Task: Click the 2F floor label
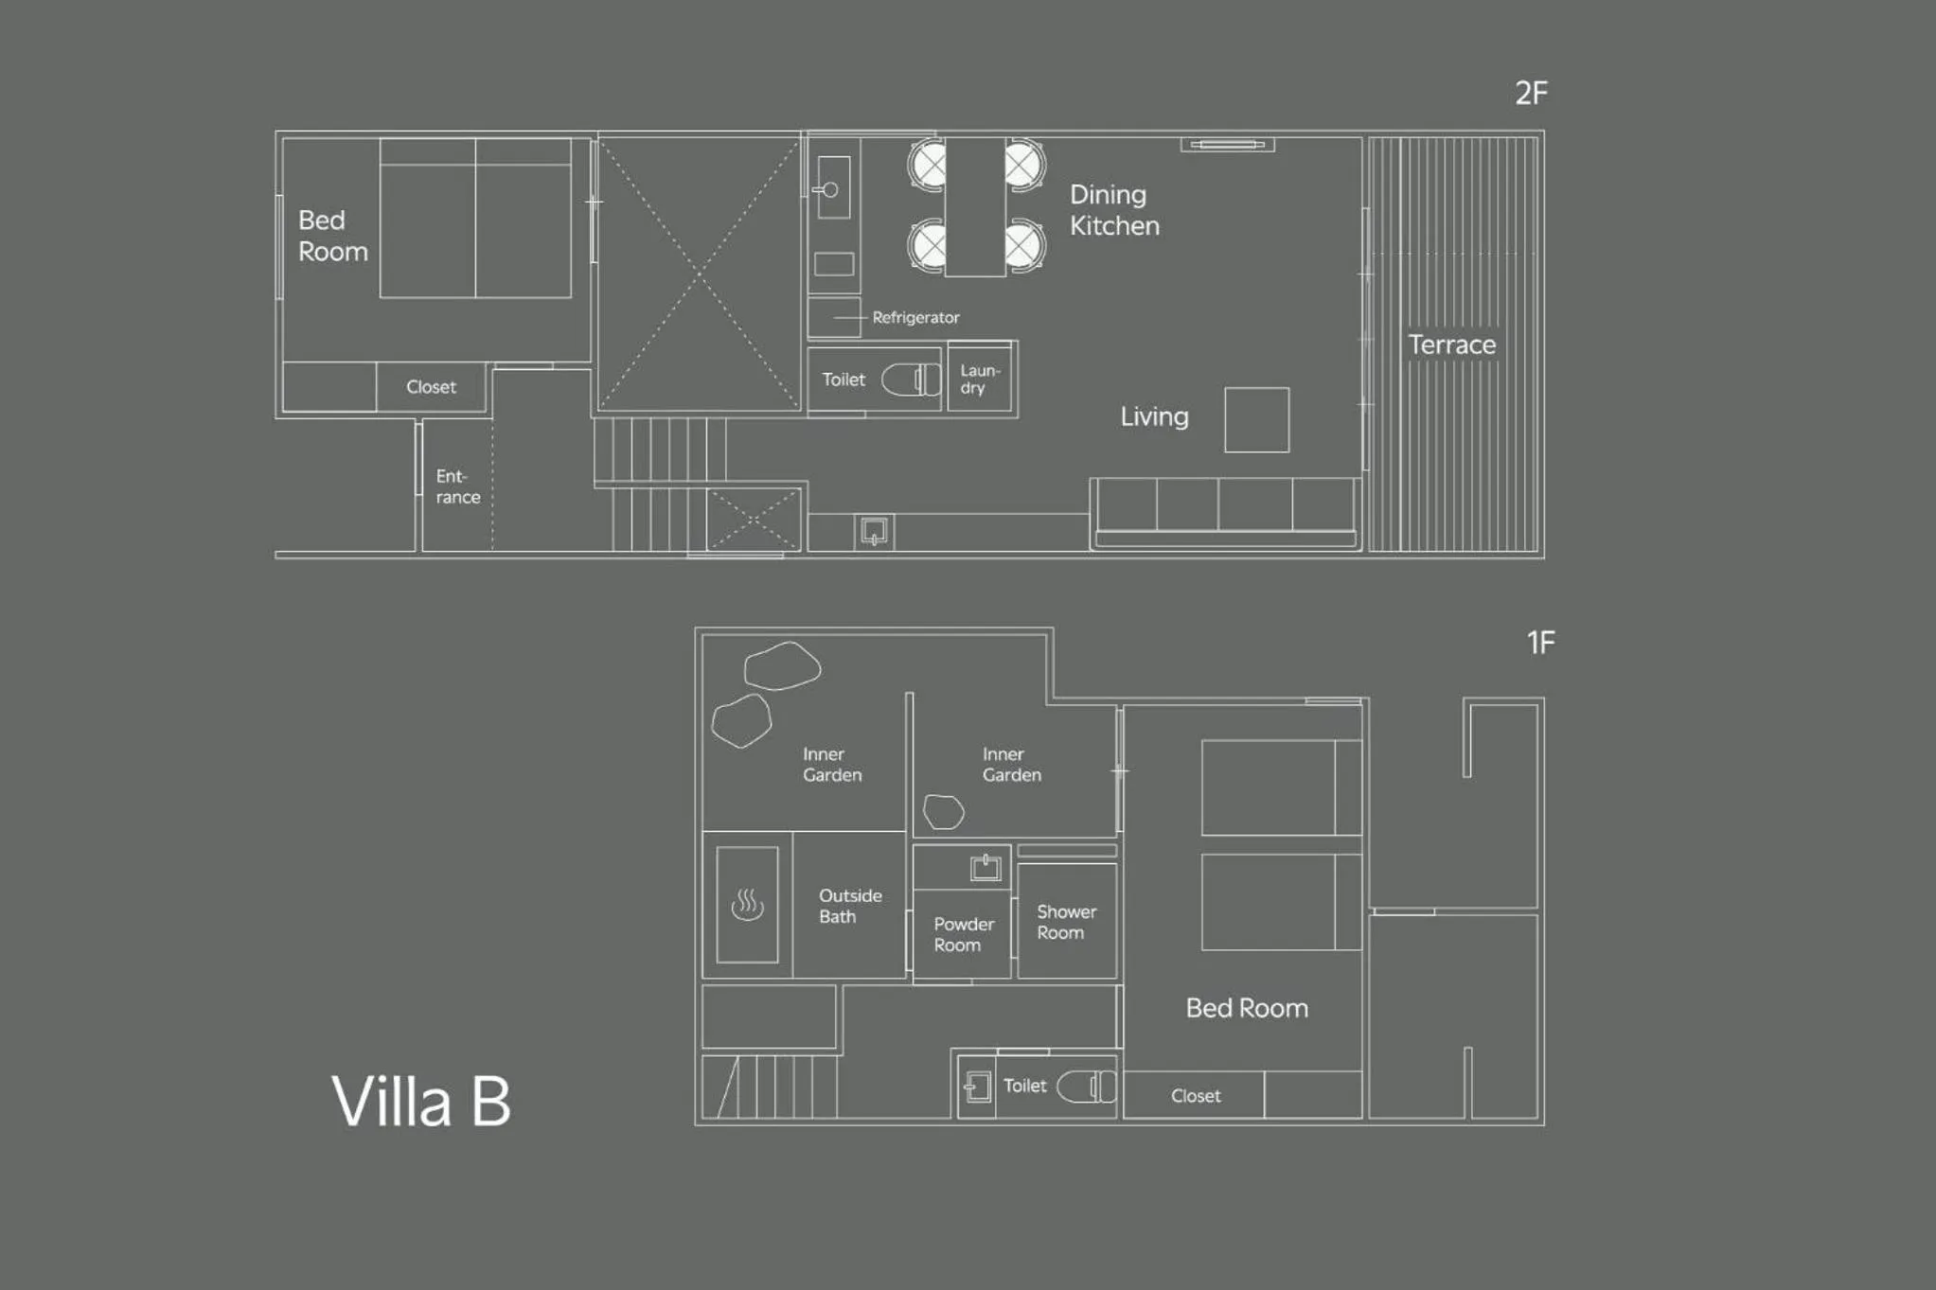point(1531,93)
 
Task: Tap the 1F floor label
point(1540,643)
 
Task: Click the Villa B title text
point(421,1102)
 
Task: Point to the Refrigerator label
point(915,318)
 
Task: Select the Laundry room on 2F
point(980,379)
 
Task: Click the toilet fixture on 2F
point(911,380)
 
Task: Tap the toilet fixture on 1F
point(1086,1086)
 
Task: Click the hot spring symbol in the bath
point(747,905)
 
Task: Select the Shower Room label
point(1065,922)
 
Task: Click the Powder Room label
point(963,934)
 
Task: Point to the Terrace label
point(1451,345)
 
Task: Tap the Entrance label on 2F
point(457,486)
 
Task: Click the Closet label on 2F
point(431,387)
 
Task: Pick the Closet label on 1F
point(1195,1096)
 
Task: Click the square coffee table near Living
point(1256,419)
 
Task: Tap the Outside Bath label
point(849,906)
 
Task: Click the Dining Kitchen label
point(1113,210)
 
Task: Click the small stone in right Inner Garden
point(943,811)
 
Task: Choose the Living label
point(1154,416)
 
